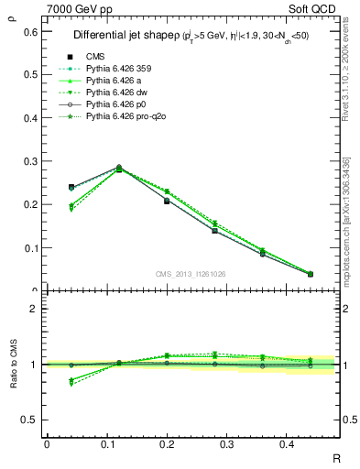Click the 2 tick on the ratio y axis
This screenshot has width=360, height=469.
tap(36, 310)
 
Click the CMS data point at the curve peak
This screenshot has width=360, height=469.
tap(119, 168)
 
